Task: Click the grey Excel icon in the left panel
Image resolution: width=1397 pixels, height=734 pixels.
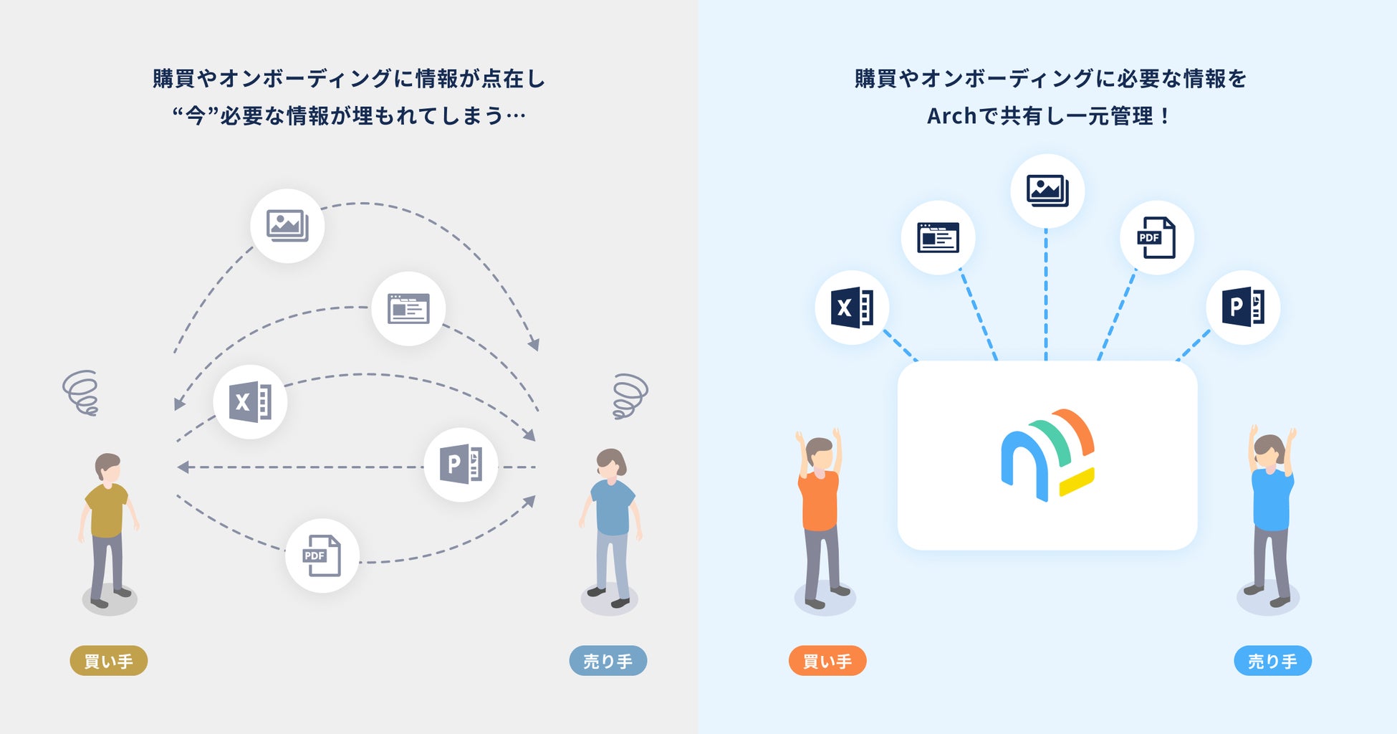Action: click(x=250, y=401)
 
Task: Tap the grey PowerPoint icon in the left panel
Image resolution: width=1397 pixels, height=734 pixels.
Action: click(x=461, y=464)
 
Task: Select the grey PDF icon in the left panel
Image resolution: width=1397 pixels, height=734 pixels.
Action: click(x=322, y=556)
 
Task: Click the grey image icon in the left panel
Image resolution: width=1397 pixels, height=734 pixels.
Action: click(x=287, y=226)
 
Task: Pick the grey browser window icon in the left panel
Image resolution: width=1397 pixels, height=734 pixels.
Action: click(x=408, y=309)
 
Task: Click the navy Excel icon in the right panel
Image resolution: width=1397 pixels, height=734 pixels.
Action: click(x=852, y=308)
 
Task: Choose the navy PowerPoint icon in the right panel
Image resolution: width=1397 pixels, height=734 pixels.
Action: click(x=1243, y=308)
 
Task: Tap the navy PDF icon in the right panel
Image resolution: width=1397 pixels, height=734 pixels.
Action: click(x=1157, y=237)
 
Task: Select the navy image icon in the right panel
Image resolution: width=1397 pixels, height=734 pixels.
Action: click(x=1047, y=191)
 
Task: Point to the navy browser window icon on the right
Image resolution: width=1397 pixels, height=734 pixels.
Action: click(x=938, y=237)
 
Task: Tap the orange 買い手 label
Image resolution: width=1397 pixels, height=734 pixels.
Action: click(x=827, y=661)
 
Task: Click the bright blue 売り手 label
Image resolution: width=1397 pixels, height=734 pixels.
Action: click(x=1272, y=661)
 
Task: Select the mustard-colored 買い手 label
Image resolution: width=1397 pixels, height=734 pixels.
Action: click(x=109, y=661)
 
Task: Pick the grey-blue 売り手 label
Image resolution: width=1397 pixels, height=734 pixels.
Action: click(x=608, y=661)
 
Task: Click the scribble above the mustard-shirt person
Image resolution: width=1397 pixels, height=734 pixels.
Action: click(x=81, y=393)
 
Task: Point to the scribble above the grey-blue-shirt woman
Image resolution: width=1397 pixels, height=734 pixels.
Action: click(x=630, y=395)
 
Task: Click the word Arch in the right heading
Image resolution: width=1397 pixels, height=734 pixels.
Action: click(x=951, y=116)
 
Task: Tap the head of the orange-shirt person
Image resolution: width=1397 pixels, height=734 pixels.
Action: click(x=820, y=453)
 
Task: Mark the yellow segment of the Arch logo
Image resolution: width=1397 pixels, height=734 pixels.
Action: click(x=1077, y=482)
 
